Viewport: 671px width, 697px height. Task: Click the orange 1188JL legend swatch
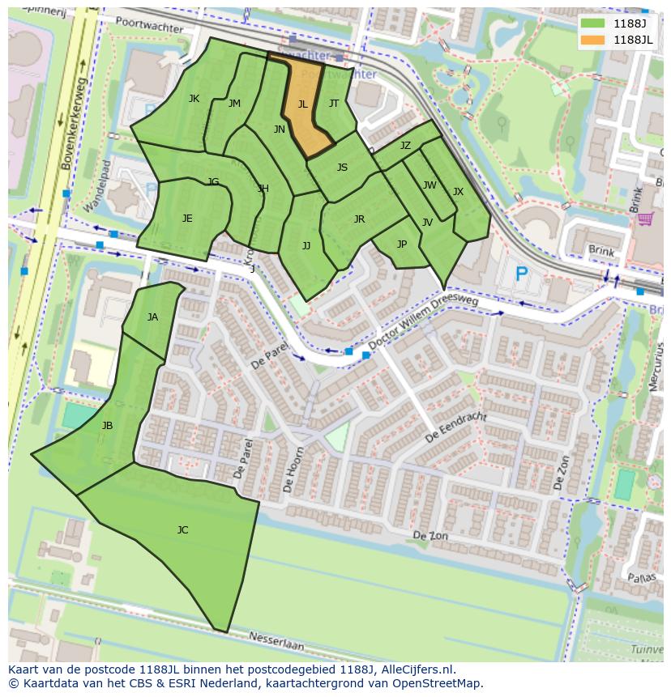(x=593, y=40)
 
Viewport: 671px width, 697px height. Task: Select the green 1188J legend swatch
(x=593, y=23)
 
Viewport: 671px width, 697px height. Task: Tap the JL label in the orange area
(x=302, y=104)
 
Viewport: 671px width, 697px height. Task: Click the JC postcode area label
(x=182, y=530)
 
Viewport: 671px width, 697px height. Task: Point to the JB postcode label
(x=107, y=426)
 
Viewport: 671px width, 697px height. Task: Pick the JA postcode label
(x=152, y=317)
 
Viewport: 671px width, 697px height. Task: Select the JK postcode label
(x=194, y=99)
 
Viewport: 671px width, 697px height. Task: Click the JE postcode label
(x=187, y=219)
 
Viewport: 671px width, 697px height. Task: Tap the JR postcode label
(x=359, y=219)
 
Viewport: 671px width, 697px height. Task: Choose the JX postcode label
(x=458, y=192)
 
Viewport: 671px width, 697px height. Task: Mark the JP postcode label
(x=401, y=244)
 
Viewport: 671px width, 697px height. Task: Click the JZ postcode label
(x=405, y=146)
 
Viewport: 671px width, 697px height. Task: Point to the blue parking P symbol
(x=522, y=275)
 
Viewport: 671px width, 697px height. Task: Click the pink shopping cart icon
(x=645, y=219)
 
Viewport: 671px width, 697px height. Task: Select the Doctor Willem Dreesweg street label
(x=424, y=320)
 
